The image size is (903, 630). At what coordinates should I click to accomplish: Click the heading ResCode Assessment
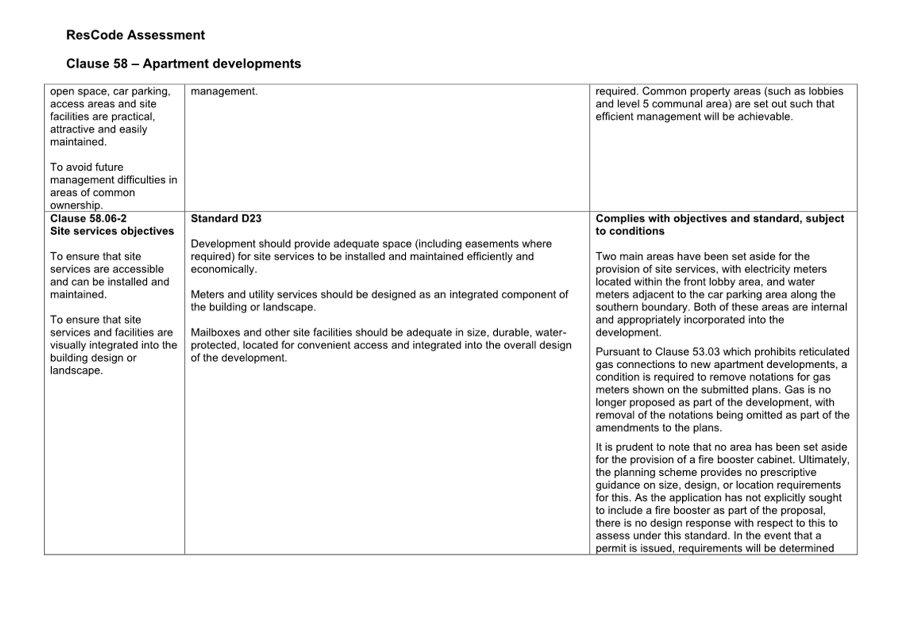(x=135, y=35)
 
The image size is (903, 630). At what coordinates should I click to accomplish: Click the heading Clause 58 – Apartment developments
(x=184, y=64)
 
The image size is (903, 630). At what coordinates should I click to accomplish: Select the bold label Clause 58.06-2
(x=88, y=219)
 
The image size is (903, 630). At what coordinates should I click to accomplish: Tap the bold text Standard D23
(x=226, y=219)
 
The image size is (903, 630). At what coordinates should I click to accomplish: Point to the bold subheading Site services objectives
(x=112, y=231)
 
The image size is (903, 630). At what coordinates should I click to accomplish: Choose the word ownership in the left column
(x=76, y=205)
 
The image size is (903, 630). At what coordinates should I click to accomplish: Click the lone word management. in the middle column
(x=224, y=91)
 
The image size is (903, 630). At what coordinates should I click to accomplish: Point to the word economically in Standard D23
(x=223, y=269)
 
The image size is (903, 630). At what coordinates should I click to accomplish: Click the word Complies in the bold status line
(x=617, y=219)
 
